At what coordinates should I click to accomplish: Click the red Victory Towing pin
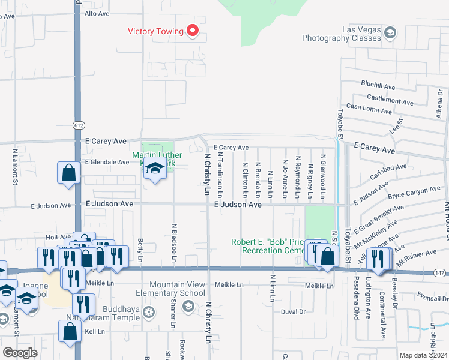193,31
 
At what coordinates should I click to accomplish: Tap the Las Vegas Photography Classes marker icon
390,32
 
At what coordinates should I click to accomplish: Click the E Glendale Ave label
107,162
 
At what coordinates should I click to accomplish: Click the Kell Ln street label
95,331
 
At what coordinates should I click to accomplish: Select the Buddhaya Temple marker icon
149,311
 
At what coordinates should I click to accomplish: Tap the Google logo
20,353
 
